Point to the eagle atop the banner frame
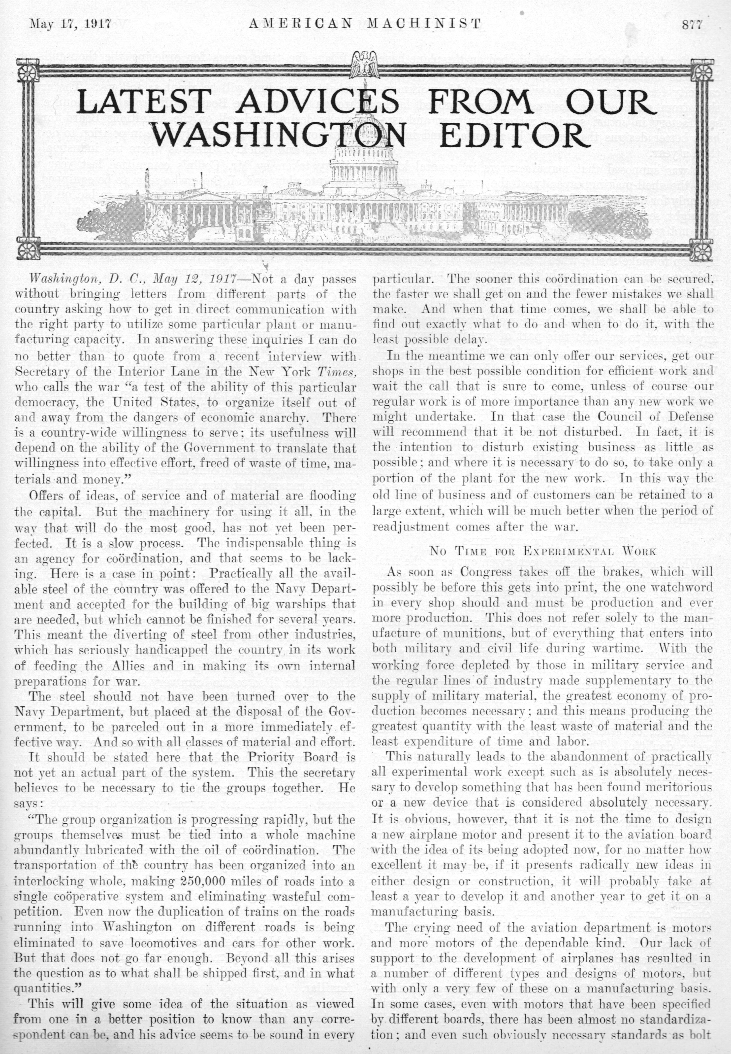[x=365, y=64]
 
